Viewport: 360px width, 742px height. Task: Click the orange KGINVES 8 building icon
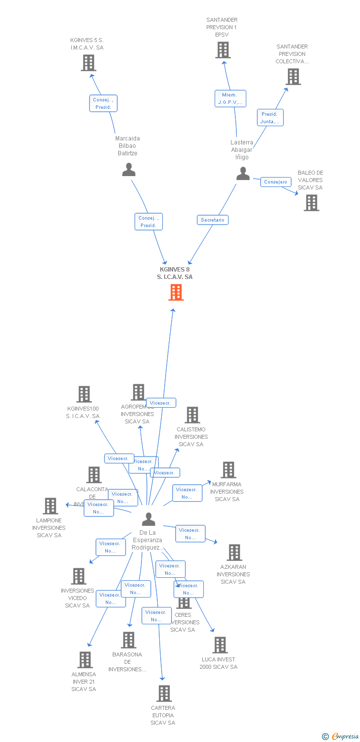click(x=176, y=292)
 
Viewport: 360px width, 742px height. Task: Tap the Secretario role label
click(x=213, y=220)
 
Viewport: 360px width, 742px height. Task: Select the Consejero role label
click(x=275, y=182)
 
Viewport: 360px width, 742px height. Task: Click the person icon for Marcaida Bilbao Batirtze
click(x=129, y=170)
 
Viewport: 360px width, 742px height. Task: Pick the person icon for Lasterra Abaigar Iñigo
click(x=243, y=174)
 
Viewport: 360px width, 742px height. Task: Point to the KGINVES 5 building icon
click(x=88, y=63)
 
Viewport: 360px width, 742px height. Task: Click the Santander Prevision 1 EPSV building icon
click(x=223, y=50)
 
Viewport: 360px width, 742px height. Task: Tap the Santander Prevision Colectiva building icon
click(x=293, y=77)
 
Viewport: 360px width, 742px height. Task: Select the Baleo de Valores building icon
click(x=311, y=203)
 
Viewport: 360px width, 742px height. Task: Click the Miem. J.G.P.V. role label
click(x=230, y=98)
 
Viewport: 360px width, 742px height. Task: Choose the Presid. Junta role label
click(x=270, y=118)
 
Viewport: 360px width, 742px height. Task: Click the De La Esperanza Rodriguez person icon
click(x=148, y=519)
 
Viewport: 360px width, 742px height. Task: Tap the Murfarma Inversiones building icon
click(x=228, y=470)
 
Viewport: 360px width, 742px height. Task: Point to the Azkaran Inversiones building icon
click(x=234, y=553)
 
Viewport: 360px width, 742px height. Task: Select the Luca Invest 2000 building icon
click(x=220, y=645)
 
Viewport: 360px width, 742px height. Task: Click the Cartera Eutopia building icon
click(x=164, y=694)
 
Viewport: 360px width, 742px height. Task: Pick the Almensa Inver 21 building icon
click(x=85, y=660)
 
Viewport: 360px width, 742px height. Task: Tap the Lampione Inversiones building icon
click(x=50, y=506)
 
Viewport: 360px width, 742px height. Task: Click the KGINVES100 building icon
click(x=84, y=394)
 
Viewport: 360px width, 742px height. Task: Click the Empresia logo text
click(x=344, y=737)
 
